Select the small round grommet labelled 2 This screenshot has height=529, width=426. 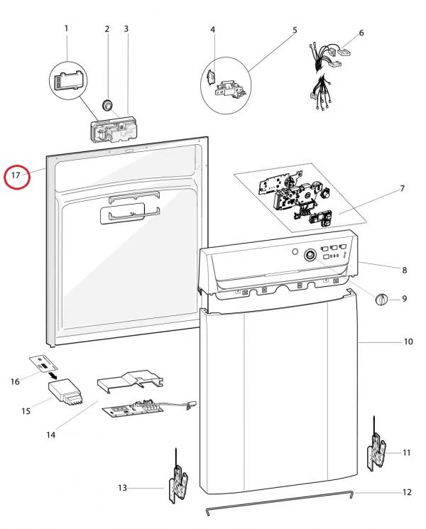[108, 104]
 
